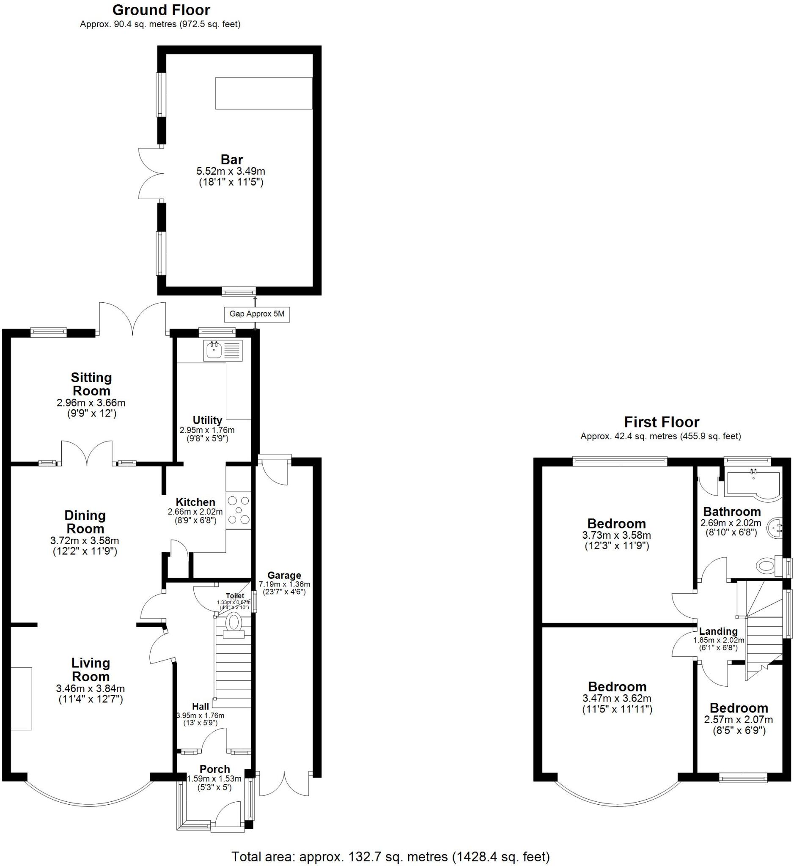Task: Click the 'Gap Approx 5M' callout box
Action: (x=256, y=314)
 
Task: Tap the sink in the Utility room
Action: (x=214, y=350)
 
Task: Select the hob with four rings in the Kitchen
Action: (x=239, y=510)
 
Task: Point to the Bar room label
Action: (x=231, y=160)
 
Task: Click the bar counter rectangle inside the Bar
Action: (x=264, y=93)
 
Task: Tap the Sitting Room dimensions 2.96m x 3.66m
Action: (x=91, y=403)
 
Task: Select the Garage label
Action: (x=284, y=576)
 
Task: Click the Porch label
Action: (x=215, y=769)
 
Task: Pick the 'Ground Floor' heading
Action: (x=161, y=10)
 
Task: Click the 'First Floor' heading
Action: (x=661, y=422)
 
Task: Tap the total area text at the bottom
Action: (x=390, y=857)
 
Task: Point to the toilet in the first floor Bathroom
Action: (x=767, y=565)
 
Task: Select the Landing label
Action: (x=718, y=631)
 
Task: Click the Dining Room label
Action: (x=85, y=522)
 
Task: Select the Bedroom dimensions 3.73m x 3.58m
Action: (x=616, y=535)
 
